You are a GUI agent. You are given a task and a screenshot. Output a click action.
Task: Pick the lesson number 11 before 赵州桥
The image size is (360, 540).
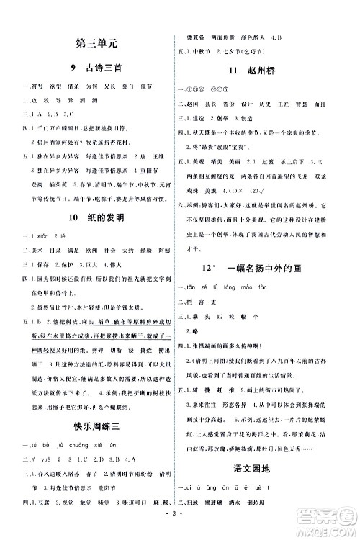(x=232, y=71)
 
